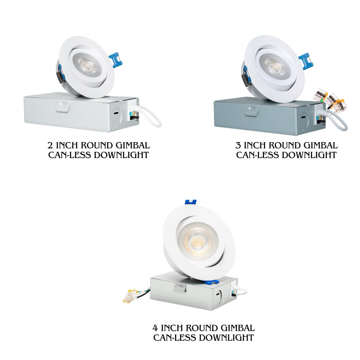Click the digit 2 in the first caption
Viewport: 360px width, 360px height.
tap(50, 146)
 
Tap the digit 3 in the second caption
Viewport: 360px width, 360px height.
tap(238, 146)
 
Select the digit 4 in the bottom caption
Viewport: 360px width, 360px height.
tap(155, 328)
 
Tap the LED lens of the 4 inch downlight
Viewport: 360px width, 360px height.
tap(198, 240)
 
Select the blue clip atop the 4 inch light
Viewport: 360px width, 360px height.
tap(190, 202)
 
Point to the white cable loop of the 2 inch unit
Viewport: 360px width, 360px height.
tap(151, 117)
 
